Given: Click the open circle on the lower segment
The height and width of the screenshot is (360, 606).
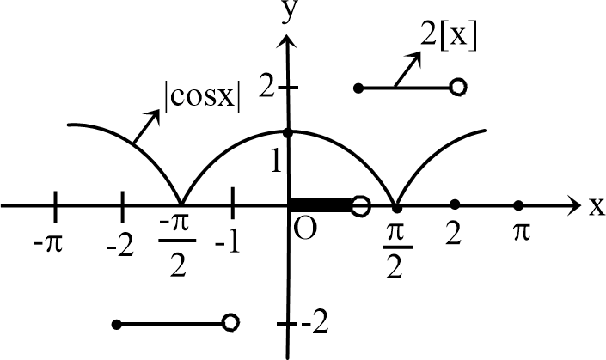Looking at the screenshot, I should point(229,322).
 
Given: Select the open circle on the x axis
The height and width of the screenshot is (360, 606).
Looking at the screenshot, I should point(362,205).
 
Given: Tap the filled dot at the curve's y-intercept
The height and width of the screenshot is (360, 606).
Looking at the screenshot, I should point(288,132).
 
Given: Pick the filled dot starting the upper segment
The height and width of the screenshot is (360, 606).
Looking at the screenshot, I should point(358,88).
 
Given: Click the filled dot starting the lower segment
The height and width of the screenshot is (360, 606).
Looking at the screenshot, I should point(117,324).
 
